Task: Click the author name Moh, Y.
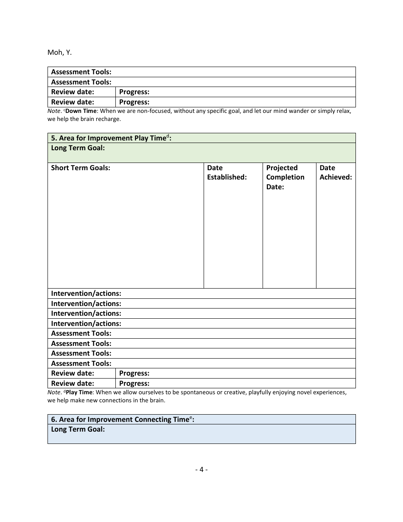point(59,53)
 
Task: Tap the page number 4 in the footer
point(201,469)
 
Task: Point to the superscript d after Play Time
point(168,136)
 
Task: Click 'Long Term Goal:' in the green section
point(78,148)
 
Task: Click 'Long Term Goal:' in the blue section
point(78,429)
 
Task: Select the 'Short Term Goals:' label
point(81,168)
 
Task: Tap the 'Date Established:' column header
point(227,172)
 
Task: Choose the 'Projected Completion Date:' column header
point(285,177)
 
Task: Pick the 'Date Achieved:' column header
point(336,172)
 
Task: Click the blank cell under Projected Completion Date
point(289,238)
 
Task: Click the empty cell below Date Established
point(233,238)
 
